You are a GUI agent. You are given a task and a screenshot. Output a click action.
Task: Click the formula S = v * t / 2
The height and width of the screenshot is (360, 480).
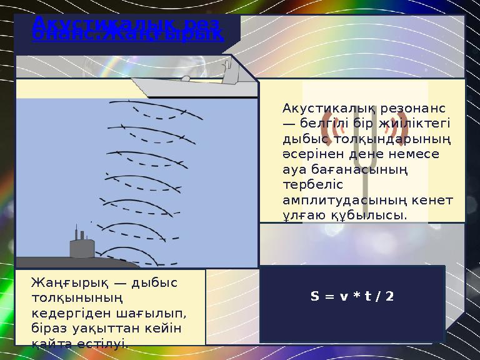click(352, 296)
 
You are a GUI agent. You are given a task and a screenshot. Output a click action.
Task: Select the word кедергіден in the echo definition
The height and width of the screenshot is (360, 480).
click(66, 312)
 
